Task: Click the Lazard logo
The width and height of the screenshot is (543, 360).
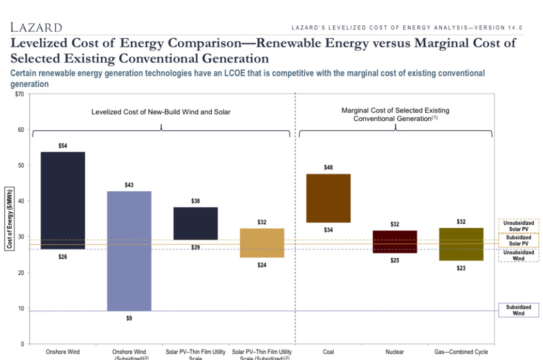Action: click(x=36, y=27)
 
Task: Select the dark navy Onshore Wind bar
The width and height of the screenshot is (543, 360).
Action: click(x=63, y=200)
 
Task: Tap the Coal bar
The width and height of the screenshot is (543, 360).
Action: click(x=328, y=198)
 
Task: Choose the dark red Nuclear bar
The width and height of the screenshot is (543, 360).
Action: click(x=395, y=242)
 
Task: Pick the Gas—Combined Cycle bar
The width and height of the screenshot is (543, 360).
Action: click(x=461, y=244)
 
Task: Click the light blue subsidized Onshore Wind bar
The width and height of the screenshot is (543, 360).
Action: click(x=129, y=251)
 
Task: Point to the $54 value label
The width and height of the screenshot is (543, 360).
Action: click(x=63, y=146)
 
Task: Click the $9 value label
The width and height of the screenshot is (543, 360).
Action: click(x=129, y=318)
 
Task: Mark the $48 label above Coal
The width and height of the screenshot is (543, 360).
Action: click(x=328, y=167)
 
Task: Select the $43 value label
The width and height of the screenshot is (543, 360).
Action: click(x=129, y=185)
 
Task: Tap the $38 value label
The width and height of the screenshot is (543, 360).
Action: click(x=195, y=201)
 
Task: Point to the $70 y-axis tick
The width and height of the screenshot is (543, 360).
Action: click(x=20, y=94)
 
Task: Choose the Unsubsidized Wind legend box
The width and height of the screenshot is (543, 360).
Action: click(x=518, y=255)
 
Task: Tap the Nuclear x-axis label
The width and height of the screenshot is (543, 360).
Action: click(x=395, y=352)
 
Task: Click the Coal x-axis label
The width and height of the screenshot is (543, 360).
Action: click(x=328, y=352)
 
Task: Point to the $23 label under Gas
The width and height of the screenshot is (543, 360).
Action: click(x=461, y=268)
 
